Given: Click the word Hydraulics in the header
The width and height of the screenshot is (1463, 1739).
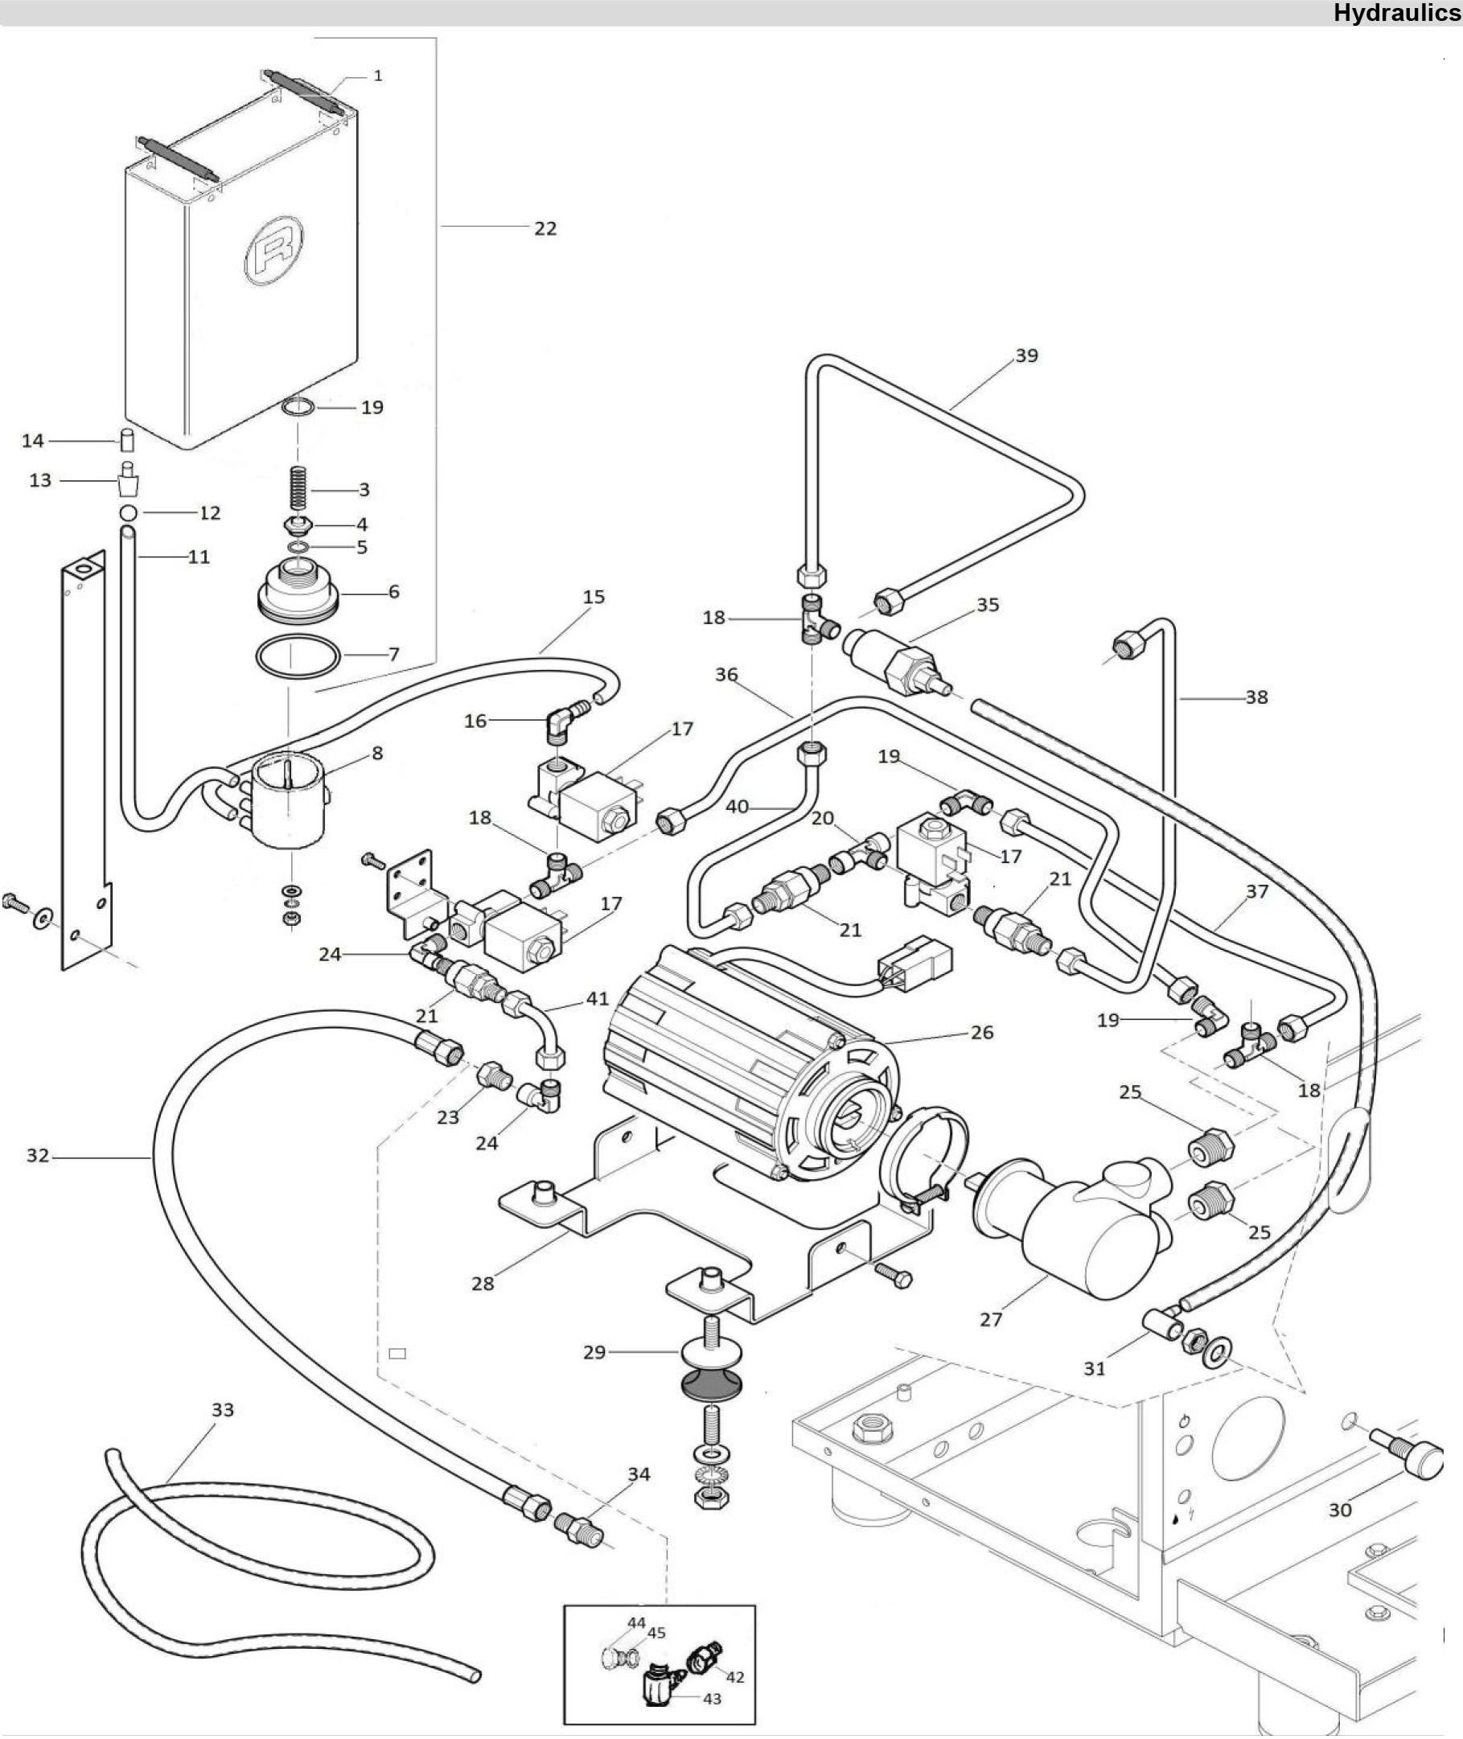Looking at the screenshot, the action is click(1397, 12).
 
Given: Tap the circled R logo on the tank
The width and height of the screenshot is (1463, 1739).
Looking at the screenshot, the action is click(273, 249).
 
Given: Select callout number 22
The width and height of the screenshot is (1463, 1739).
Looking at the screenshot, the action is click(545, 228).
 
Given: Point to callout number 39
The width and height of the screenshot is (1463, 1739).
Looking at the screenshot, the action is click(1027, 355).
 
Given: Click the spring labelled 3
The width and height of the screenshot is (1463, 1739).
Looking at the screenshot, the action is click(298, 488).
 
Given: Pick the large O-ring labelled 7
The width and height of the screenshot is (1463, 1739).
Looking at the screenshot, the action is click(298, 657).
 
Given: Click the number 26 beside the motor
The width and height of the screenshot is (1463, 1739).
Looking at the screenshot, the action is click(982, 1033).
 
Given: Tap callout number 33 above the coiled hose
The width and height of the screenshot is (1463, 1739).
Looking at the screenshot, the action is click(222, 1410).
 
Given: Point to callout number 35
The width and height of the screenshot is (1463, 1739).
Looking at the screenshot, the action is click(988, 605).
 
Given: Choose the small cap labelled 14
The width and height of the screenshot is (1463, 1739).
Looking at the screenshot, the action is click(128, 439).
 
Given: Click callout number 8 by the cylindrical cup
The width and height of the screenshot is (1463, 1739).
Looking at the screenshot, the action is click(377, 753).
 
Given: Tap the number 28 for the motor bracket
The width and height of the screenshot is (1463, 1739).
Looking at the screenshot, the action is click(483, 1284).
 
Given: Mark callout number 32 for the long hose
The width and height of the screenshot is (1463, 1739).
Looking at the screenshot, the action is click(38, 1155).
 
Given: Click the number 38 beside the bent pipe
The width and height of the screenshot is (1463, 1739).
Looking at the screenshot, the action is click(1256, 697).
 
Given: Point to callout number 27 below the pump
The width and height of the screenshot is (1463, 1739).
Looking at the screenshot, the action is click(991, 1319).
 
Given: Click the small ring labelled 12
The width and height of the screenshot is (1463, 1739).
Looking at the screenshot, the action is click(128, 511).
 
